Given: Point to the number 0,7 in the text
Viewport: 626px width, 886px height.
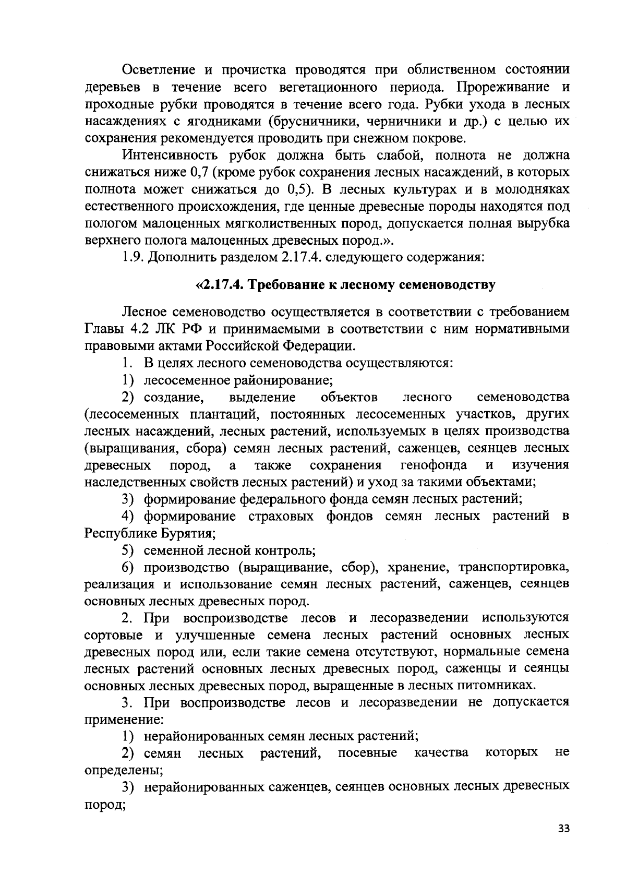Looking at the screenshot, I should pos(200,172).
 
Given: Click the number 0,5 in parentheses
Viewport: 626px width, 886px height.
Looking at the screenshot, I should pos(299,189).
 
